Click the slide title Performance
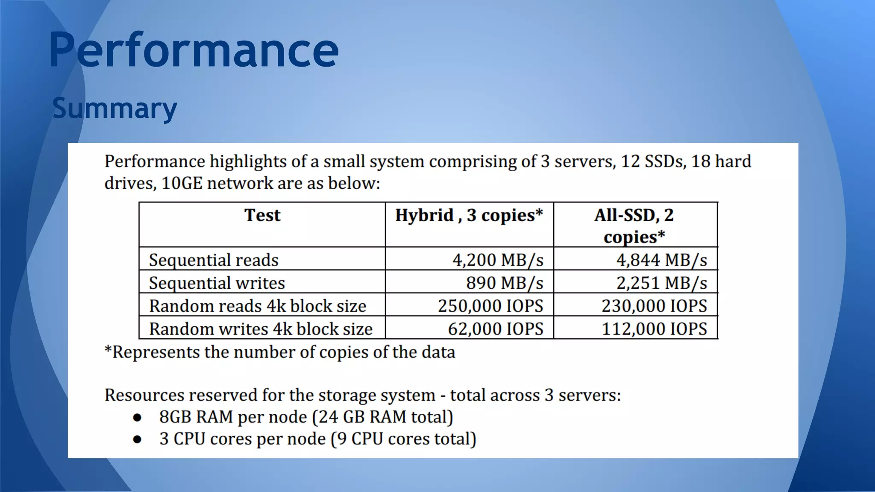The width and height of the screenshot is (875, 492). (194, 50)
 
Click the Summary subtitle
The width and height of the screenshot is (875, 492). (115, 108)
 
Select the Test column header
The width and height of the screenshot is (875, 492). (262, 215)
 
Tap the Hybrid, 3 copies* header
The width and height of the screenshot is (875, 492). (469, 215)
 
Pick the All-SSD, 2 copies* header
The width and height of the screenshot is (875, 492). (634, 225)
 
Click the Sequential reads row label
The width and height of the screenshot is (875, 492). (214, 260)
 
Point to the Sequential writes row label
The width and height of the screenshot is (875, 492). (217, 283)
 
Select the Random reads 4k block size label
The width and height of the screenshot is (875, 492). (257, 306)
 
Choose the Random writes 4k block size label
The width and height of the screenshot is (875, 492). (261, 329)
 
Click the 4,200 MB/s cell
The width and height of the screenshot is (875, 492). (498, 260)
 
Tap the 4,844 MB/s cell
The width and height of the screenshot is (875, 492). (661, 260)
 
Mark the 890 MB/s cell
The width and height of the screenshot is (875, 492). (505, 283)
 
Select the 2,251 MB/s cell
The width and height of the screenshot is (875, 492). (661, 283)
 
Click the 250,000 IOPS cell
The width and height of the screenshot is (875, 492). (490, 306)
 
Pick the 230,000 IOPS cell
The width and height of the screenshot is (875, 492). (654, 306)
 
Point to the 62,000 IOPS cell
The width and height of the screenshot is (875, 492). (496, 329)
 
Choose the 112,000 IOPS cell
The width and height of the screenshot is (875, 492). (654, 329)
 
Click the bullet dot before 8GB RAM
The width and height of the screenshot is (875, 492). (137, 417)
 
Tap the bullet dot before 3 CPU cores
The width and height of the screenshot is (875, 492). (137, 439)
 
